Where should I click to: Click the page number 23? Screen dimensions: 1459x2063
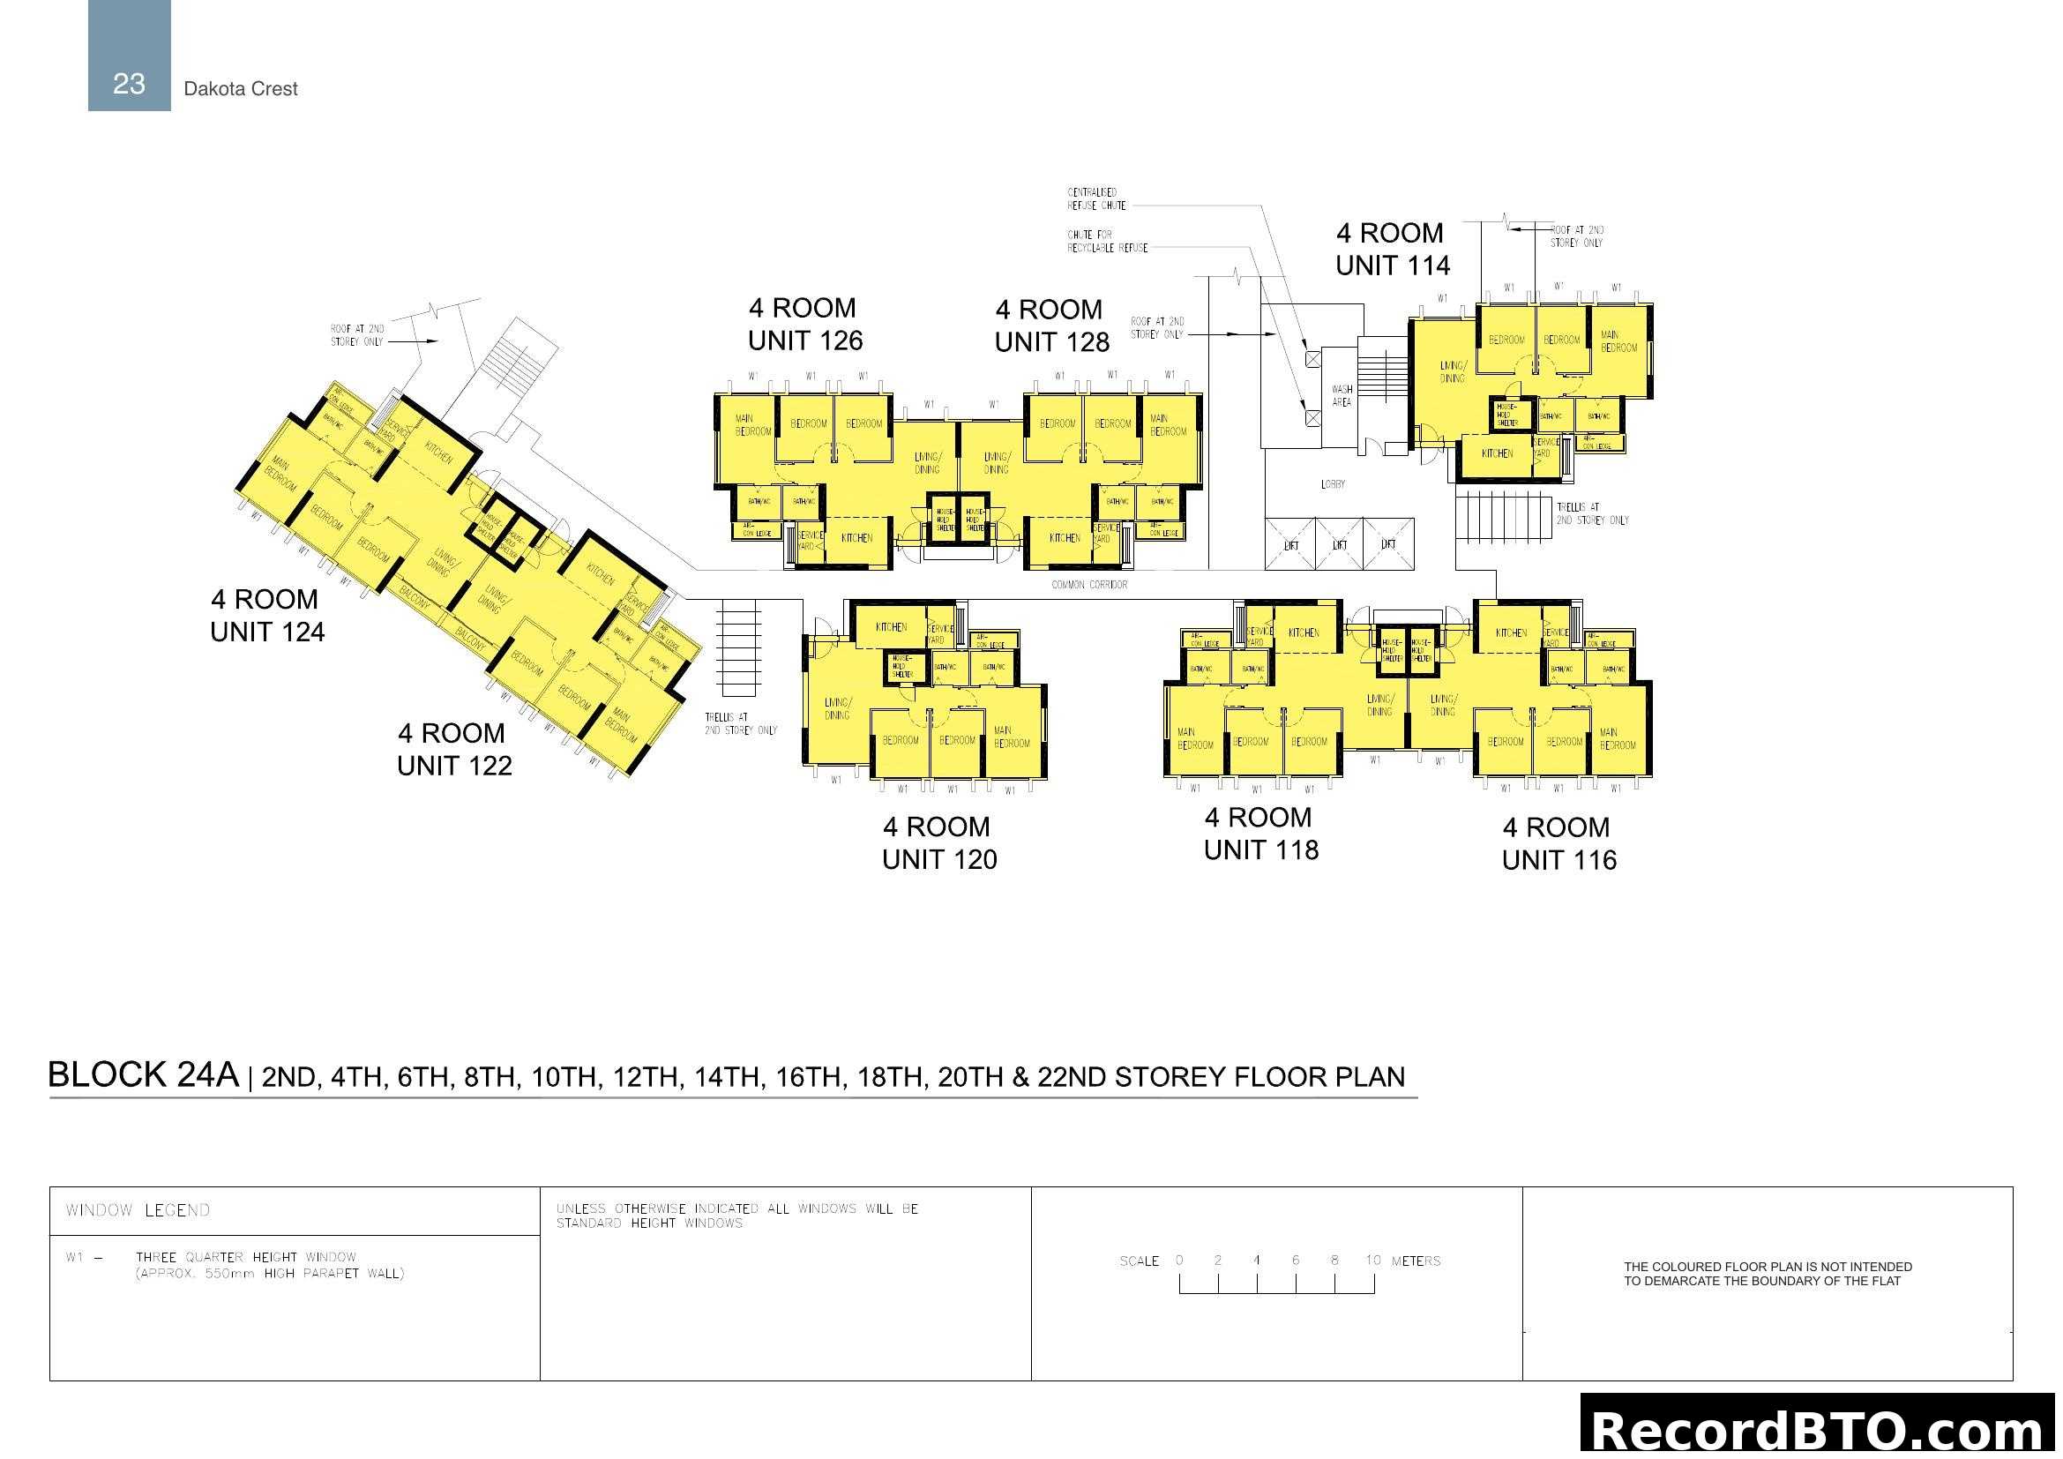129,84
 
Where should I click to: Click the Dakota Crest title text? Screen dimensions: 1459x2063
240,88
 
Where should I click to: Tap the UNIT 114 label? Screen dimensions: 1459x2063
1392,265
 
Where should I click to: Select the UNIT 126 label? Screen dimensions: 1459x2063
805,340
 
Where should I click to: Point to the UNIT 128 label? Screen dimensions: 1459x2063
1051,341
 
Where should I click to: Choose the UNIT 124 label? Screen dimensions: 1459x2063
267,632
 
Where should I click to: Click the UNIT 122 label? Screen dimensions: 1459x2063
453,766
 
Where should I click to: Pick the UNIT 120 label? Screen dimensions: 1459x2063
939,859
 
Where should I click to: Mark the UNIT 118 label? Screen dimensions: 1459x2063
1260,849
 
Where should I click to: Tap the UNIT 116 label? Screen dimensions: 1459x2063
1558,860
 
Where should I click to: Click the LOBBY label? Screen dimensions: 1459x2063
1333,484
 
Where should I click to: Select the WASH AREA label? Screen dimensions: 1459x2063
1342,395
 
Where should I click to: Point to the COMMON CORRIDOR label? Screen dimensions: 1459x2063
1089,585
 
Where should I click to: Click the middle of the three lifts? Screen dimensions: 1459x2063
1339,544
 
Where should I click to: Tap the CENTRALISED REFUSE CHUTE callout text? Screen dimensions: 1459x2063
1095,198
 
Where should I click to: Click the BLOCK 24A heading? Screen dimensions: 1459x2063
144,1074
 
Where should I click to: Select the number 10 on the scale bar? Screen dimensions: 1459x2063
1372,1260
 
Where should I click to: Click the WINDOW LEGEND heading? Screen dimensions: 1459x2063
138,1210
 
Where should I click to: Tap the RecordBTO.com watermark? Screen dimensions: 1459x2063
1820,1429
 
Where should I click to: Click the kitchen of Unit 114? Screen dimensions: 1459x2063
1496,453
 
